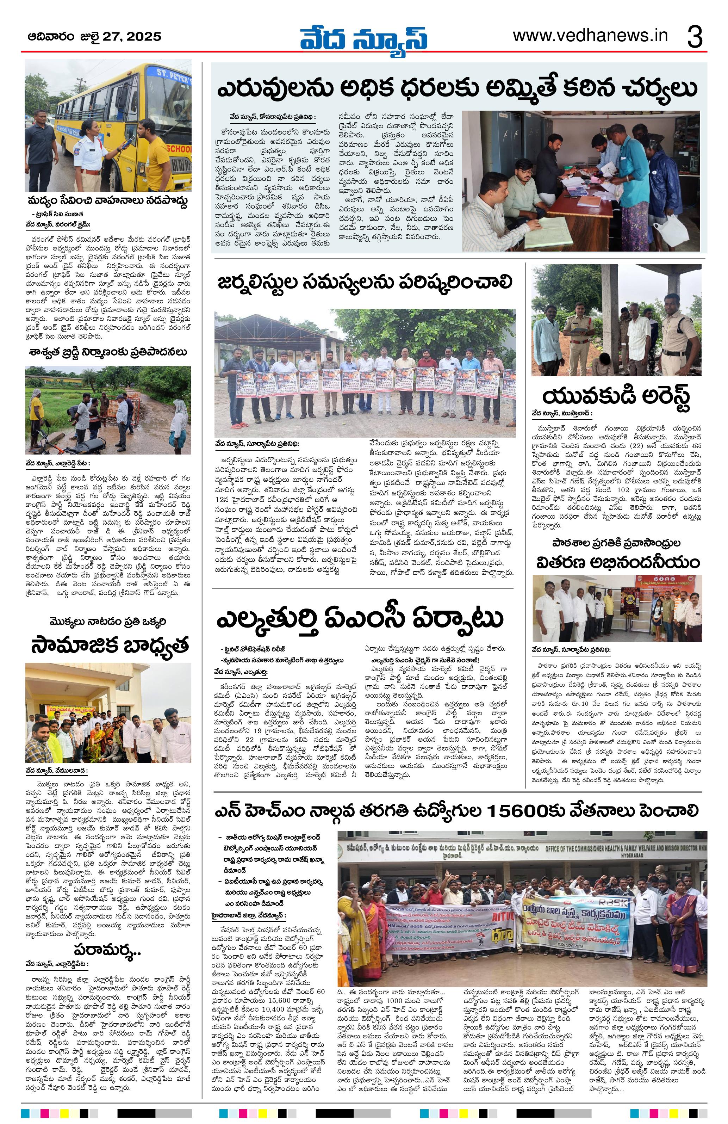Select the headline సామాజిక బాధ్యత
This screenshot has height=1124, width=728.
tap(110, 645)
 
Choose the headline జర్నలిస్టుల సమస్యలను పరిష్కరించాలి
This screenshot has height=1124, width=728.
tap(365, 283)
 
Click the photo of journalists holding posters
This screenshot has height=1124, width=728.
tap(365, 373)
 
